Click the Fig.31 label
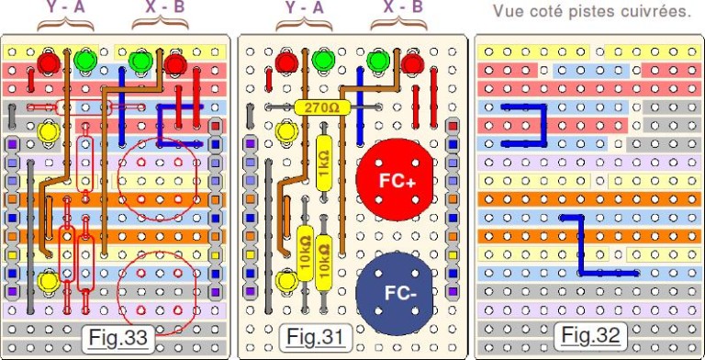(x=309, y=337)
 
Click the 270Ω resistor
(x=323, y=107)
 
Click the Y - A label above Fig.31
(x=305, y=7)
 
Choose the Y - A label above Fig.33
(x=68, y=7)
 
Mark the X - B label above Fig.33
(x=166, y=7)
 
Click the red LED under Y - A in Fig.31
(x=287, y=62)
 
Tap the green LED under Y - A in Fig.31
(x=322, y=62)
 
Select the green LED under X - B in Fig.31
(x=376, y=62)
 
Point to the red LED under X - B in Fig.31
(x=411, y=62)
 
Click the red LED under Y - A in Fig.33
(x=50, y=62)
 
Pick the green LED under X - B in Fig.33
(x=140, y=62)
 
